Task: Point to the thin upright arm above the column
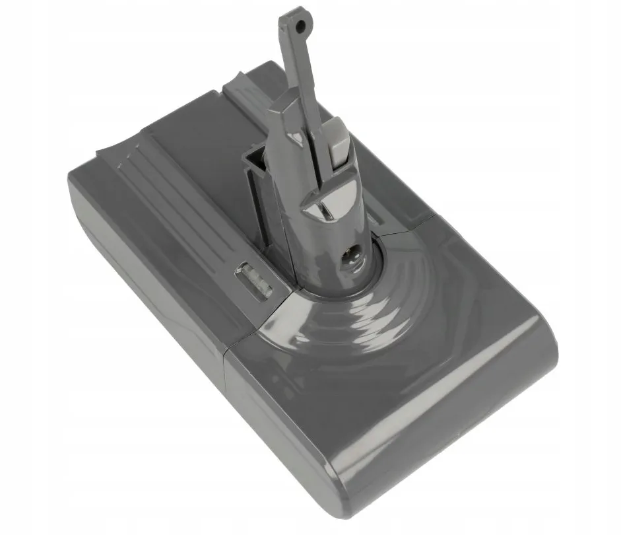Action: tap(296, 66)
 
